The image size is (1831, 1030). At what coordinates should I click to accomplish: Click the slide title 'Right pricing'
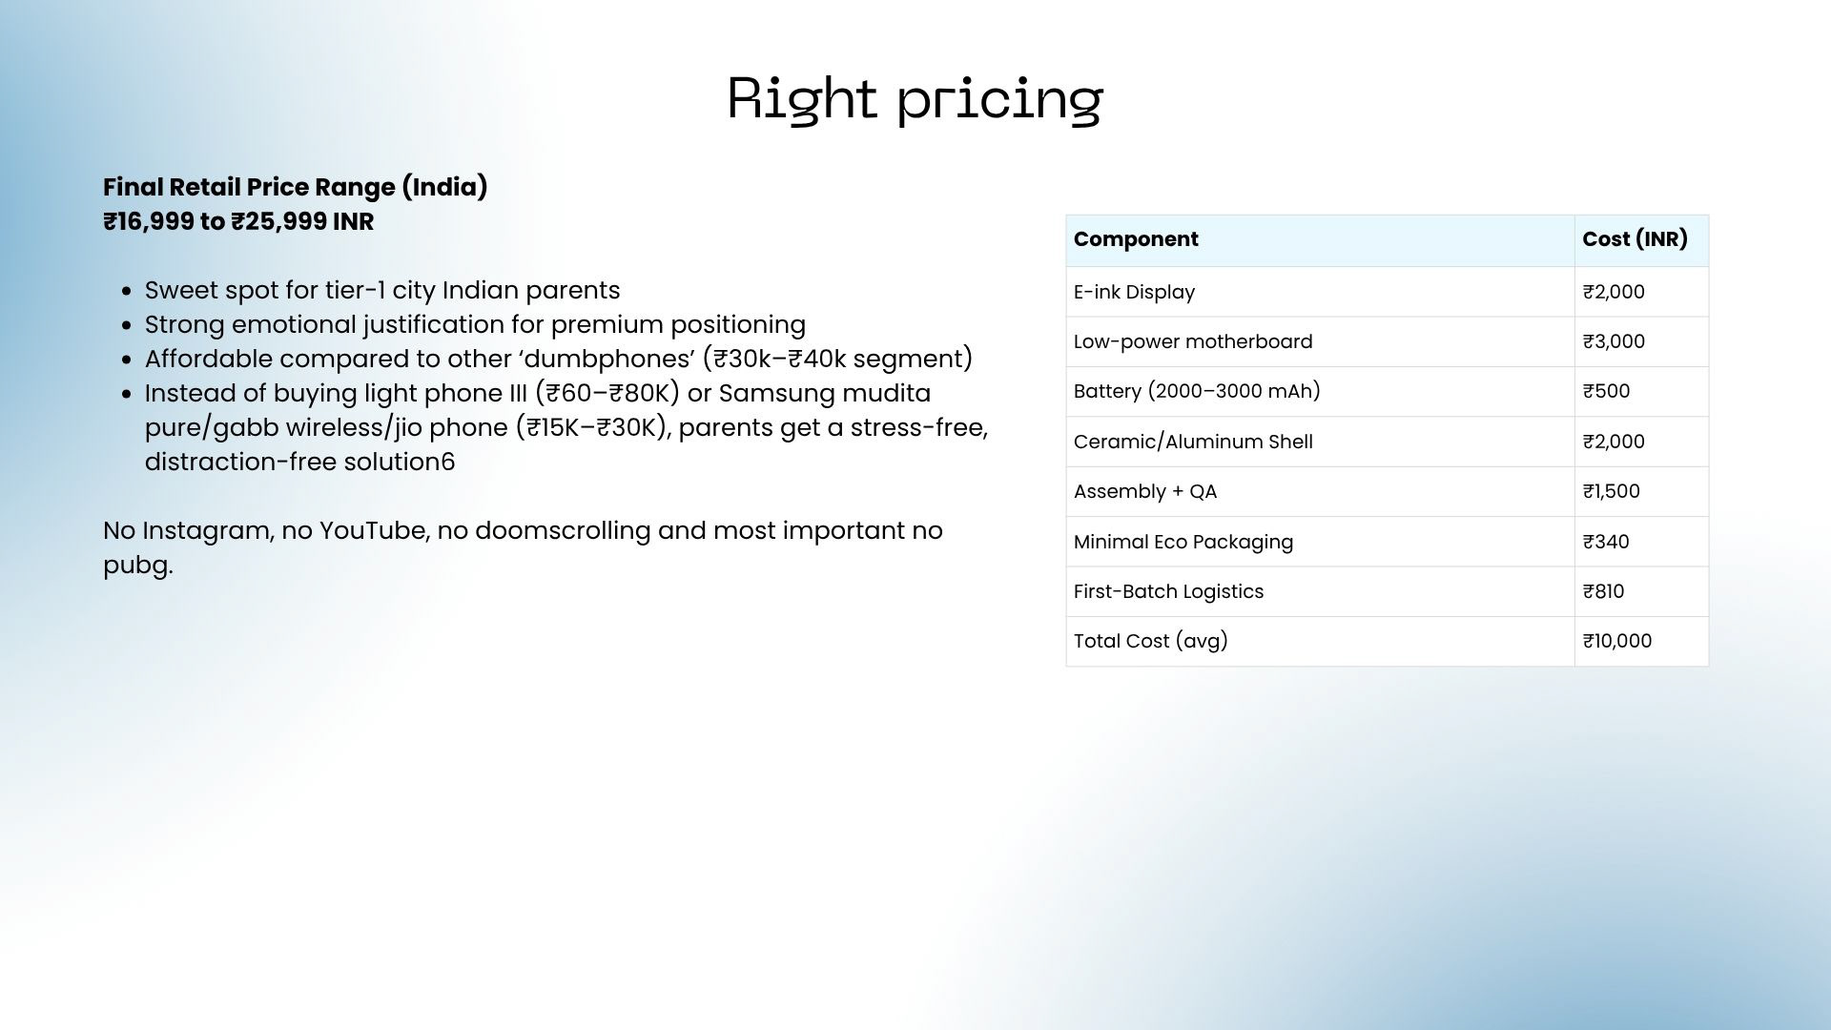[x=915, y=98]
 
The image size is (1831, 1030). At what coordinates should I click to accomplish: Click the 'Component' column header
[x=1136, y=239]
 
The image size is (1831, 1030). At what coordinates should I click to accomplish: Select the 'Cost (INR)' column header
[x=1635, y=239]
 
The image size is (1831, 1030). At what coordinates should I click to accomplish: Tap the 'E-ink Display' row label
[x=1134, y=292]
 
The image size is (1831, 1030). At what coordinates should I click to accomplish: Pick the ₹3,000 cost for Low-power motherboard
[x=1614, y=341]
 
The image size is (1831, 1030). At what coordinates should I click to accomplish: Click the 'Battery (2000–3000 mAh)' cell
[x=1197, y=391]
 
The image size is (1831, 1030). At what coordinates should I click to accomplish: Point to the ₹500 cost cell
[x=1606, y=391]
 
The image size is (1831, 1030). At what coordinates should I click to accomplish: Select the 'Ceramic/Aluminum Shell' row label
[x=1193, y=442]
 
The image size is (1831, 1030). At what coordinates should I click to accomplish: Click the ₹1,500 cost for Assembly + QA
[x=1611, y=491]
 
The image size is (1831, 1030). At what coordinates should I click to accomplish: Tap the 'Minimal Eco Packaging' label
[x=1183, y=542]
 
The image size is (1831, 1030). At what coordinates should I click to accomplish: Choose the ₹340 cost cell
[x=1606, y=542]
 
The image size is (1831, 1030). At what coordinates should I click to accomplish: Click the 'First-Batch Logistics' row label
[x=1168, y=591]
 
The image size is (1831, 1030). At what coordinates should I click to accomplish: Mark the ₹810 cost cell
[x=1603, y=591]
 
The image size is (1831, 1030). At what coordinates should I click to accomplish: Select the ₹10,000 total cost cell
[x=1616, y=641]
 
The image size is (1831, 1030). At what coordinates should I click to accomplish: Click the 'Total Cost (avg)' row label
[x=1151, y=641]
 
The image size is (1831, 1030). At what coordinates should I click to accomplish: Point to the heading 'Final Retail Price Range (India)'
[x=296, y=187]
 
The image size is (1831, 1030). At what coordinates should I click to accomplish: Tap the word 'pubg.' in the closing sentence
[x=138, y=566]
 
